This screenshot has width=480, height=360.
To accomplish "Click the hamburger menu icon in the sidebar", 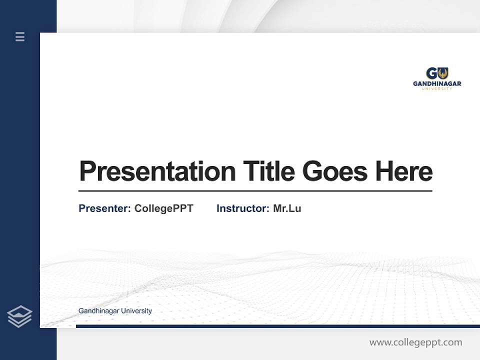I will (x=20, y=36).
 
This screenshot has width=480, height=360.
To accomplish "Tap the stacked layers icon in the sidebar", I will (x=19, y=316).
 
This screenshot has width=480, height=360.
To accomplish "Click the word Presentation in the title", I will (x=157, y=171).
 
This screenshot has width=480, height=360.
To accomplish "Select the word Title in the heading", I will (x=268, y=171).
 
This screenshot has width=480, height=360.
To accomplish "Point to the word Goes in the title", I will (x=334, y=171).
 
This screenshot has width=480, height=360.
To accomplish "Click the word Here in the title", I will (x=403, y=171).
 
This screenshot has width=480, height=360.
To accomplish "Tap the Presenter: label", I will (x=104, y=208).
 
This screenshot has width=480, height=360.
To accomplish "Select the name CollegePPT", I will (x=163, y=208).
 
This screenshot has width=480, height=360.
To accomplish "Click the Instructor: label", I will (x=242, y=208).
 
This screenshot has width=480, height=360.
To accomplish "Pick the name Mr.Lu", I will (x=287, y=208).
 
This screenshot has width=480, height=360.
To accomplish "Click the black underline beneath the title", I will (x=255, y=191).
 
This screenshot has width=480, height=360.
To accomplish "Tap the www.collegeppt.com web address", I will (x=415, y=342).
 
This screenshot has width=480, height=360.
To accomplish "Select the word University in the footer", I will (x=135, y=311).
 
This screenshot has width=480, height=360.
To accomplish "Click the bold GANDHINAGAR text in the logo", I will (x=437, y=83).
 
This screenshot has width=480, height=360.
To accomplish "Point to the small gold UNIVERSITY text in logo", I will (x=437, y=88).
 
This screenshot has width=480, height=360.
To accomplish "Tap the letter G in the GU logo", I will (x=431, y=73).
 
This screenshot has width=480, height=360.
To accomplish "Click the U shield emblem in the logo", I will (x=442, y=73).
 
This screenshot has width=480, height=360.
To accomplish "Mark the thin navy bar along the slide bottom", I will (x=277, y=326).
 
